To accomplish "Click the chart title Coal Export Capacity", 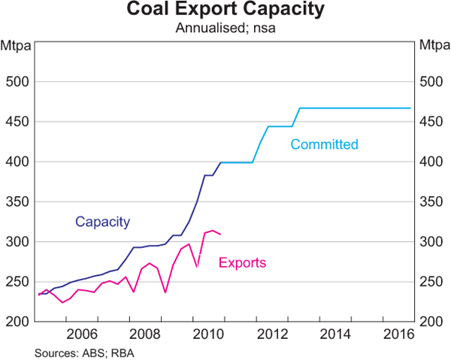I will click(x=225, y=11).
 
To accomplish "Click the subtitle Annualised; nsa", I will click(x=225, y=29).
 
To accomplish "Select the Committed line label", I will click(x=324, y=144).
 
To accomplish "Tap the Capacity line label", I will click(x=103, y=222).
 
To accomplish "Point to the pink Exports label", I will click(x=242, y=262).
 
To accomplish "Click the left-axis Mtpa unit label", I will click(x=16, y=47).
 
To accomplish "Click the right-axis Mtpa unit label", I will click(x=434, y=47).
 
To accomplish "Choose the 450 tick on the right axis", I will click(x=431, y=122).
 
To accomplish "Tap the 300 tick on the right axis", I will click(x=431, y=242).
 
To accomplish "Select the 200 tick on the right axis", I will click(x=431, y=322).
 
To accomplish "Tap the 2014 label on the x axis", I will click(x=310, y=334).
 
